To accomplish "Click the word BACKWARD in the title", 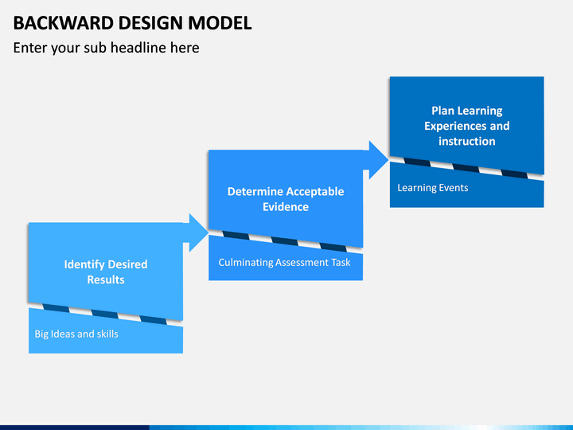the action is pos(63,23).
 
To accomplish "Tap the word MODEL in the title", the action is pos(220,23).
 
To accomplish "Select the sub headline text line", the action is pos(106,48).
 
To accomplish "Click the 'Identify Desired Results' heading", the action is pos(106,272).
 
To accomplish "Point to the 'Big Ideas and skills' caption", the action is pos(76,334).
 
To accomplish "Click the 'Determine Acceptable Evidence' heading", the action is pos(286,199).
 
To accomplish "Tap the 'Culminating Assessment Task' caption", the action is pos(284,262).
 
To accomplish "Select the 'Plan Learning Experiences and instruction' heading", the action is pos(467,126).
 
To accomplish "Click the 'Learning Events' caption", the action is pos(433,188).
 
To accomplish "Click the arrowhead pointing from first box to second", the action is pos(199,233).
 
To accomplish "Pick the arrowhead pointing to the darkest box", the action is pos(379,160).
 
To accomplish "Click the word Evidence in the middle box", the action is pos(286,206).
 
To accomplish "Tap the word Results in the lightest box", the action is pos(106,279).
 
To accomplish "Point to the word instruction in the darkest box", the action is pos(467,141).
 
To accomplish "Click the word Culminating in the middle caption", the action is pos(246,262).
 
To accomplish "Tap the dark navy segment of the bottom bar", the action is pos(75,428).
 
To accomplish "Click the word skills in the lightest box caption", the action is pos(107,334).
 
